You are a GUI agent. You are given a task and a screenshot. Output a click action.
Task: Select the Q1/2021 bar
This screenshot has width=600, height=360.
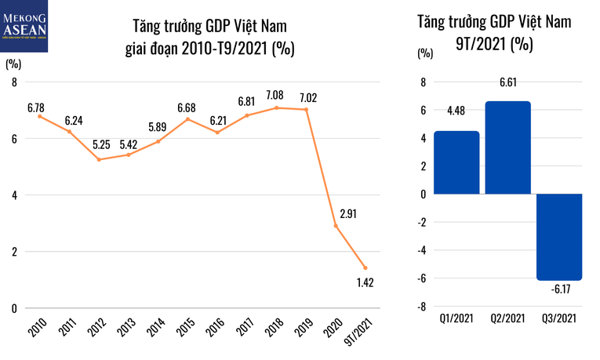click(x=456, y=162)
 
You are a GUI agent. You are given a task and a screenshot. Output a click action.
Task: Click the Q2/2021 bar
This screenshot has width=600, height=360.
click(x=507, y=147)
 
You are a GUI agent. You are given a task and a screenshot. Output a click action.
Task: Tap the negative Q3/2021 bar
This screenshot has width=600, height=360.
click(x=559, y=236)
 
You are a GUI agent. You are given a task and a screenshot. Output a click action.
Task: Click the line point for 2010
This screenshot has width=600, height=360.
click(x=39, y=116)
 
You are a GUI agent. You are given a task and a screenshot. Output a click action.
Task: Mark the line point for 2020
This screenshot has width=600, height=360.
click(x=336, y=226)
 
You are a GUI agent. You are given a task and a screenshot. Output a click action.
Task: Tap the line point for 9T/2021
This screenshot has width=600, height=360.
click(x=365, y=267)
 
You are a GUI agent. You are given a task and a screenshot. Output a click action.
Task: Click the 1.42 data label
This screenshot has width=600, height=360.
click(x=365, y=282)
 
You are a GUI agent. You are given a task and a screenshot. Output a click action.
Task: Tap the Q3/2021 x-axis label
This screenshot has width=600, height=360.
click(x=559, y=319)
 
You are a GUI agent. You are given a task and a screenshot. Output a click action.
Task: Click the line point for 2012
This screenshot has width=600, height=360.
click(x=99, y=159)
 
